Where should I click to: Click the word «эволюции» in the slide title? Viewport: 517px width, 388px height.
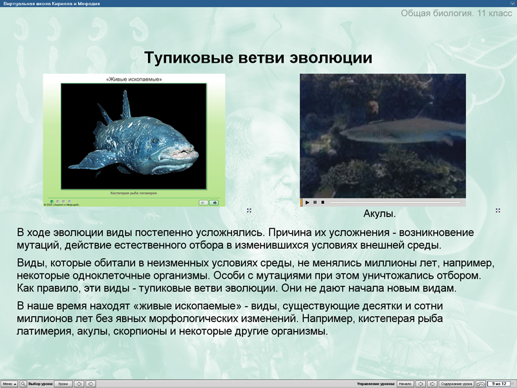pos(339,58)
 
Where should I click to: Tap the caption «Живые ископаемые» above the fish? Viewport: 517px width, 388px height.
pos(134,80)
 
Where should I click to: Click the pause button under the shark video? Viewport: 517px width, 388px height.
pos(315,202)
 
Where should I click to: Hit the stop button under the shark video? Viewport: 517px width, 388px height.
pos(322,202)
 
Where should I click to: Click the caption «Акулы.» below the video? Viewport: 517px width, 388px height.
pos(379,213)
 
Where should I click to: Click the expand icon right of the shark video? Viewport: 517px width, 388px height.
pos(498,210)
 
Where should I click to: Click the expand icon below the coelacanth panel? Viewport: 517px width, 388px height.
pos(249,210)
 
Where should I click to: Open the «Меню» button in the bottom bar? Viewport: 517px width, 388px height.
pos(9,383)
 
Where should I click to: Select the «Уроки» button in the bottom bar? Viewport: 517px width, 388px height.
pos(63,383)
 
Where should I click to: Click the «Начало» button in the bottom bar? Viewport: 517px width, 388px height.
pos(405,383)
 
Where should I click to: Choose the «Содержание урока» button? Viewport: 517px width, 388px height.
pos(456,383)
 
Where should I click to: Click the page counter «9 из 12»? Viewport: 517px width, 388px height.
pos(498,383)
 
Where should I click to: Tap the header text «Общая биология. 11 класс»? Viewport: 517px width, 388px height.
pos(456,13)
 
